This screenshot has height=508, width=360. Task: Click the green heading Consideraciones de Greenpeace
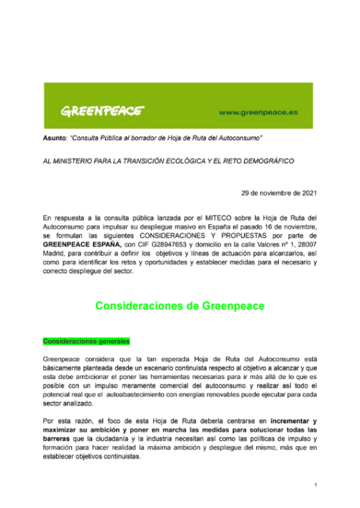180,306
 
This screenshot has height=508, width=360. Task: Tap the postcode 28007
303,244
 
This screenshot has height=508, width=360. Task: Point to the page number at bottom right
315,485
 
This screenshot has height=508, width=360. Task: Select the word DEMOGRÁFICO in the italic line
266,161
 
